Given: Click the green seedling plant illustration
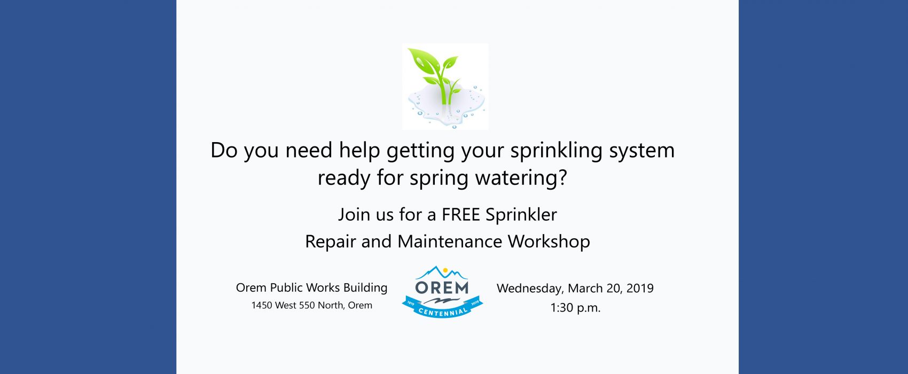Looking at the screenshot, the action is (436, 76).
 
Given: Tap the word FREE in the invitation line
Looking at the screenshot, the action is (461, 215).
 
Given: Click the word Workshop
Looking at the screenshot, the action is (549, 241).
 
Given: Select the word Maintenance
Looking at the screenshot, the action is (450, 241).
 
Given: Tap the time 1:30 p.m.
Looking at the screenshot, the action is (575, 308).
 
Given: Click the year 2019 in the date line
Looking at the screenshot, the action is (640, 289).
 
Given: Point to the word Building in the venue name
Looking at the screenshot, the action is (365, 288).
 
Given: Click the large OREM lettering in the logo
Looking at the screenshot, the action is (442, 287).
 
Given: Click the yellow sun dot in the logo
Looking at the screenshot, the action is (445, 270).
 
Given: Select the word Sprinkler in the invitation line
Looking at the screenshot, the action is (521, 215).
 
